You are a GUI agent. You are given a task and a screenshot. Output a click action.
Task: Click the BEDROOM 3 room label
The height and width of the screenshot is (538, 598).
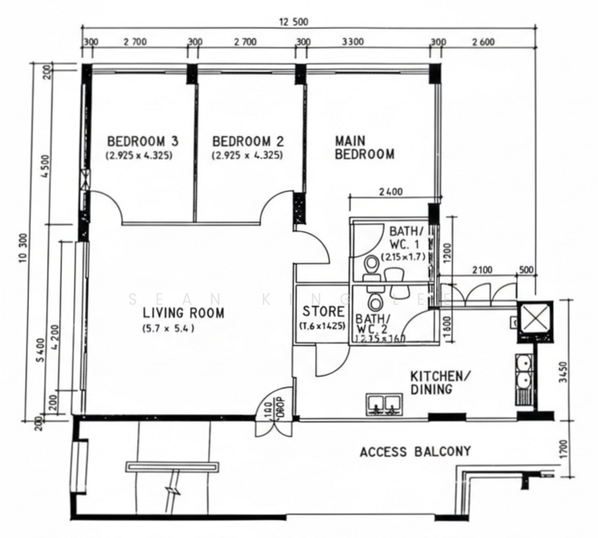click(143, 141)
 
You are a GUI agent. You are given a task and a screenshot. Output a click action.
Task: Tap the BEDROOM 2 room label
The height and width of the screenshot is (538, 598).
click(247, 141)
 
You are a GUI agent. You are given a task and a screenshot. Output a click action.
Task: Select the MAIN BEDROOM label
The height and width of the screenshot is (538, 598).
click(364, 147)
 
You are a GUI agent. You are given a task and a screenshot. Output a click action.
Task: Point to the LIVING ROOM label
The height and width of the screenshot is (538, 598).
click(183, 313)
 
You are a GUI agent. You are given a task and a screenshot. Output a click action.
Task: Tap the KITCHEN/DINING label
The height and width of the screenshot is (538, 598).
click(441, 383)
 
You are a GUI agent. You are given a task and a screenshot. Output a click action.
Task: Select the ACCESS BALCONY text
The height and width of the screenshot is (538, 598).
click(414, 451)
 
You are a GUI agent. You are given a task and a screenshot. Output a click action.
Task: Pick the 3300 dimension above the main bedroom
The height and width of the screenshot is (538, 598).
click(353, 41)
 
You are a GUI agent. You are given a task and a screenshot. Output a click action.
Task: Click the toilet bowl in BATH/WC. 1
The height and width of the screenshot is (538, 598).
click(370, 264)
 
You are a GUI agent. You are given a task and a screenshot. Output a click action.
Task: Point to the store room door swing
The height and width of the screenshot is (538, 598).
click(328, 359)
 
